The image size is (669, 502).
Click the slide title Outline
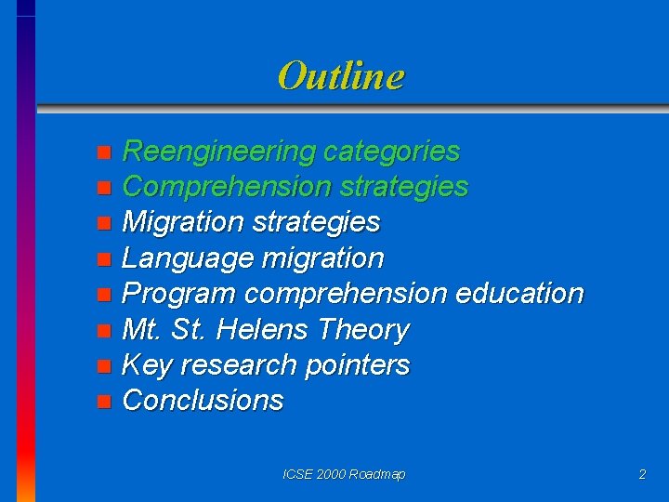coord(341,75)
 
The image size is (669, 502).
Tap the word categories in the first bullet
coord(392,151)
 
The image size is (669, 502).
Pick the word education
coord(519,294)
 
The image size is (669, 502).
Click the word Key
coord(146,364)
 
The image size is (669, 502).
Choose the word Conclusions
coord(203,401)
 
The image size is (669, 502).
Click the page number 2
coord(642,474)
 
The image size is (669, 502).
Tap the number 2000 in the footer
coord(331,474)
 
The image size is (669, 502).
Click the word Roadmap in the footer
coord(378,474)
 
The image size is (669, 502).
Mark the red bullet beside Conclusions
coord(104,402)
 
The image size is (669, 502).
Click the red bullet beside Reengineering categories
coord(104,152)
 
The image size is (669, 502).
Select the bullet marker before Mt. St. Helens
coord(104,330)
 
